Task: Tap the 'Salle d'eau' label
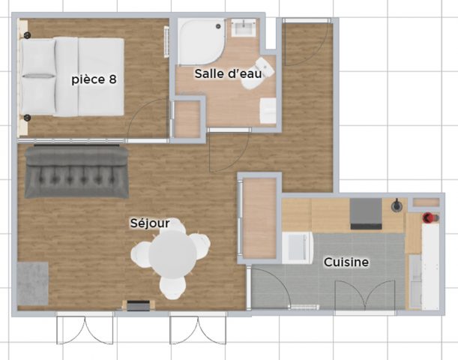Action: (x=228, y=73)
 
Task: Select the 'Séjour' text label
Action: (x=149, y=223)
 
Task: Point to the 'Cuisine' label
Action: (x=346, y=262)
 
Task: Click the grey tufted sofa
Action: (x=76, y=172)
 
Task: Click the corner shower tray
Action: (x=199, y=42)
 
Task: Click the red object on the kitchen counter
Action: (x=428, y=218)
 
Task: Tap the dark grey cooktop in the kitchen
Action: (x=366, y=214)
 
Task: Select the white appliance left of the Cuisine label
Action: (x=297, y=247)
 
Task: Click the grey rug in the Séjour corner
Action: (x=33, y=283)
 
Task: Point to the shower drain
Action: (x=218, y=26)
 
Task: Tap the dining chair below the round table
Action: (x=172, y=286)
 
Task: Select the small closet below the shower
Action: (x=187, y=118)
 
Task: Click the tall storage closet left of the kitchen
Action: (x=259, y=217)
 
